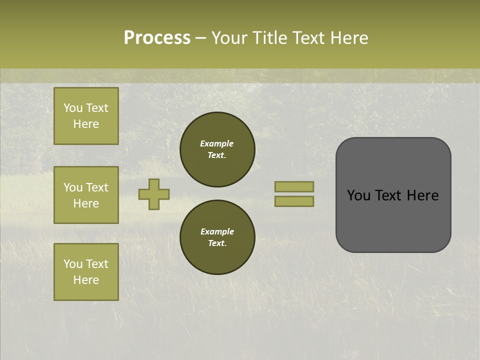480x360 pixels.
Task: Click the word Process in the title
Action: point(157,38)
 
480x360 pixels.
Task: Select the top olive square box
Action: point(86,116)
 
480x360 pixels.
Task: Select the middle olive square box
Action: point(86,195)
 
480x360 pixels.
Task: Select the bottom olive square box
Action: point(86,271)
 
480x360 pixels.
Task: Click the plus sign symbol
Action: point(154,194)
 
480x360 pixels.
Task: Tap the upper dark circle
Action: point(217,149)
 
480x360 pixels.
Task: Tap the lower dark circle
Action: point(217,237)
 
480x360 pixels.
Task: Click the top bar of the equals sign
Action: point(294,186)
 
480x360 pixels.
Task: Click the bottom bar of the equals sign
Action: point(294,201)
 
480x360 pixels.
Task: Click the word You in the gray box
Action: point(358,195)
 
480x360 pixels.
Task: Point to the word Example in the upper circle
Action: point(217,143)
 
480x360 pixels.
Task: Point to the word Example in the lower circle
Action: point(217,231)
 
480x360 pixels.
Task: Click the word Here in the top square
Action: point(86,124)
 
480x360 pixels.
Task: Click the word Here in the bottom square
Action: point(86,280)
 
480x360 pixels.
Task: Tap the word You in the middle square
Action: point(73,187)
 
